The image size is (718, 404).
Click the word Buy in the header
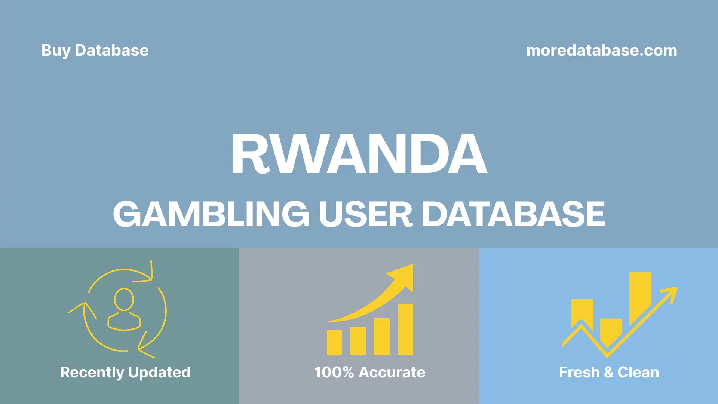click(x=56, y=50)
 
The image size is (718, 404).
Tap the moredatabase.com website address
click(x=601, y=50)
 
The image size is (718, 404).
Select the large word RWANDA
click(x=359, y=154)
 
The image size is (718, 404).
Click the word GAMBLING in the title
click(x=211, y=214)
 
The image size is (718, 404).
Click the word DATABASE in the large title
click(x=513, y=214)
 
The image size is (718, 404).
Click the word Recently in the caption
click(x=92, y=372)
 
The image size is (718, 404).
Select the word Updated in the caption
click(x=159, y=372)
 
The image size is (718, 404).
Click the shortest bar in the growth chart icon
click(x=334, y=342)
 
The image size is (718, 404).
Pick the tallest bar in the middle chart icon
click(x=405, y=329)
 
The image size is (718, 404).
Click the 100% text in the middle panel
click(x=334, y=372)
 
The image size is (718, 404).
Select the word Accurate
click(x=392, y=372)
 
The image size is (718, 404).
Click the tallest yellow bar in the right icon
click(x=640, y=297)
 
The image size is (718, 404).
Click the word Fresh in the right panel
click(x=579, y=372)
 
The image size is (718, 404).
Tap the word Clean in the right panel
click(x=638, y=372)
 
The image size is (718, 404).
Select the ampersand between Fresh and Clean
click(x=608, y=372)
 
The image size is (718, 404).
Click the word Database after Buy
click(x=111, y=50)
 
